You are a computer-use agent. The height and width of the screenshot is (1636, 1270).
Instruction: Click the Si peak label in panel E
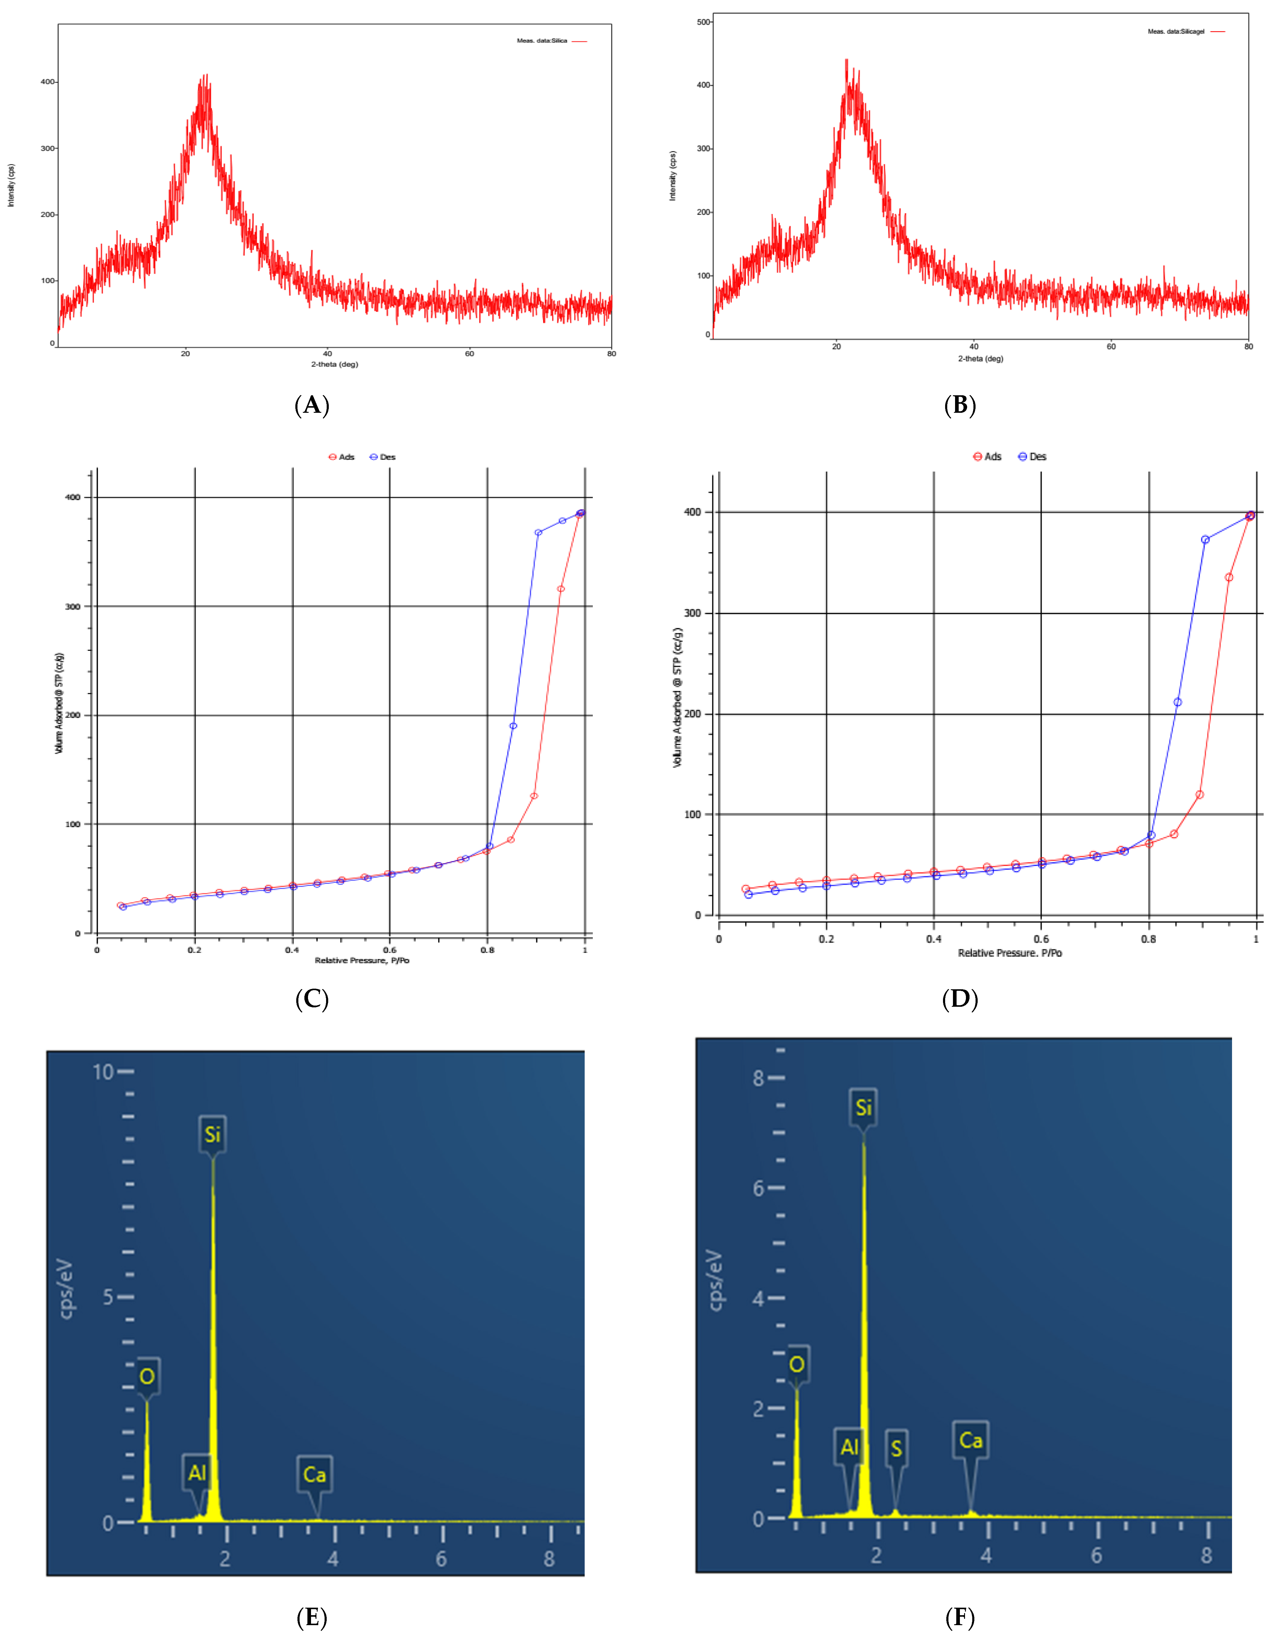pyautogui.click(x=213, y=1135)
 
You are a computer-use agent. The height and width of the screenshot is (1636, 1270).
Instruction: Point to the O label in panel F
pyautogui.click(x=797, y=1364)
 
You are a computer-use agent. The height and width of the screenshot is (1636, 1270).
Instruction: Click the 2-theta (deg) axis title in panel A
pyautogui.click(x=335, y=364)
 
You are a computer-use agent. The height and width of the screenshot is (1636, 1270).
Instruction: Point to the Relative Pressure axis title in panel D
pyautogui.click(x=1009, y=953)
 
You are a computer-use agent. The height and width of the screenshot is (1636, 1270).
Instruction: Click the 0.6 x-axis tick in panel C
pyautogui.click(x=389, y=950)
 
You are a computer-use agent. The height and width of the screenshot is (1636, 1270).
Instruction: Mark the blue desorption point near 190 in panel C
pyautogui.click(x=513, y=726)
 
